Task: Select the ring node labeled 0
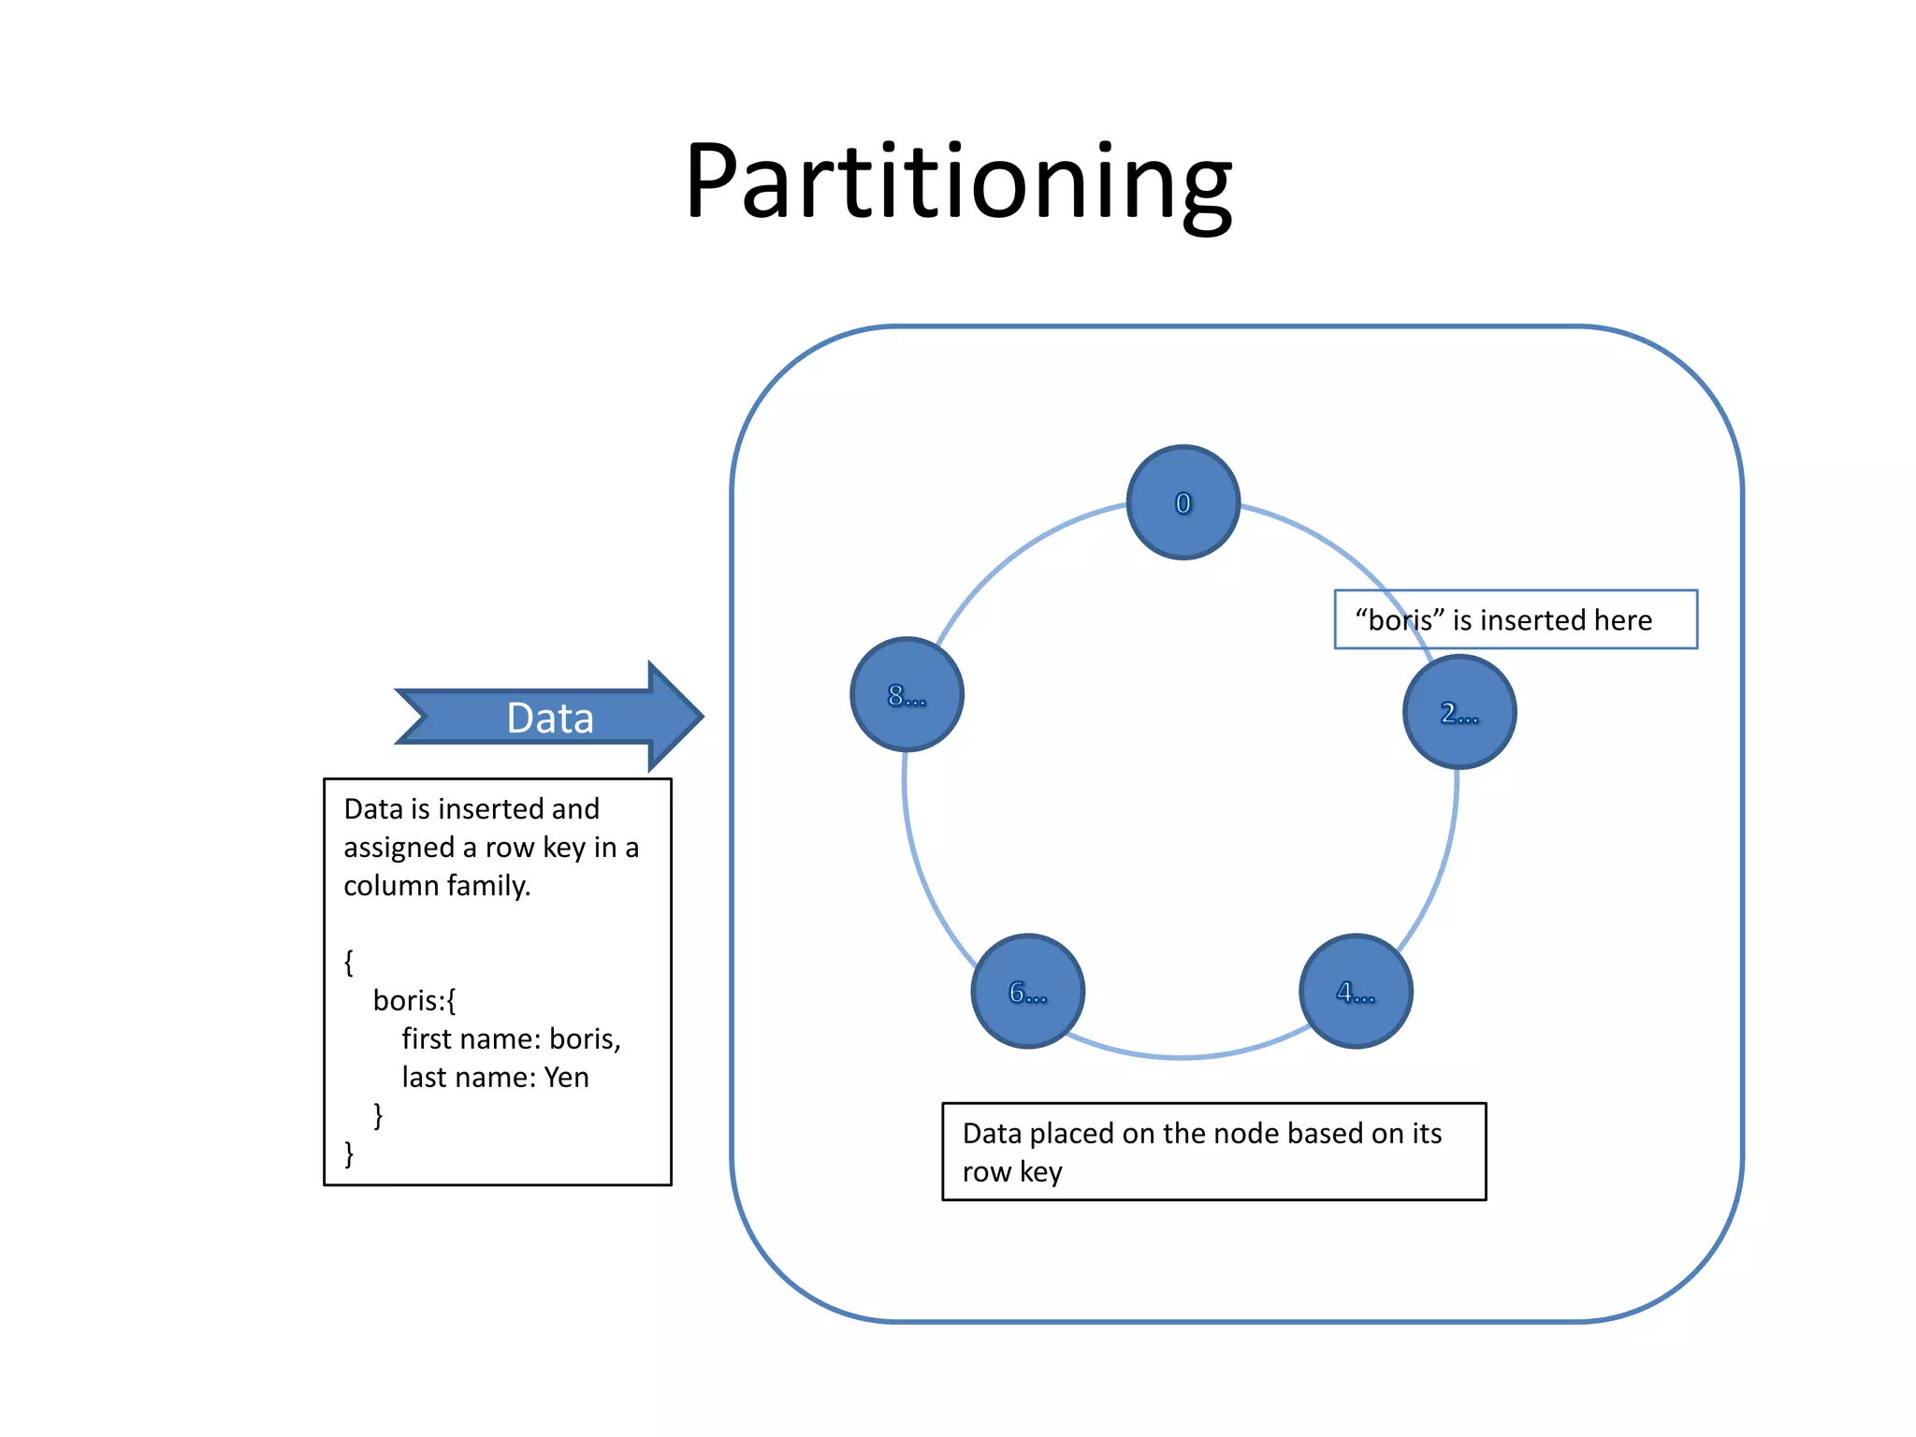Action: (1183, 502)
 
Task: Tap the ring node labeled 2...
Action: (1459, 712)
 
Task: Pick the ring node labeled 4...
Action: (1356, 991)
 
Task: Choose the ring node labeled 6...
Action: (1027, 991)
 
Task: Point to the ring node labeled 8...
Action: (907, 694)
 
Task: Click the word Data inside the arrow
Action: (549, 718)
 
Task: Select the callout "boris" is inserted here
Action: (1516, 619)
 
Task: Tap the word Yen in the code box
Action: (567, 1077)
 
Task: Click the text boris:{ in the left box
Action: (414, 1000)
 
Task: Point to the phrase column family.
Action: (436, 885)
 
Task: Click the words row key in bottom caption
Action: (1012, 1171)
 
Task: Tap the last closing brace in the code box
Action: (349, 1154)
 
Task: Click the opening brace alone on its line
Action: (349, 962)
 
